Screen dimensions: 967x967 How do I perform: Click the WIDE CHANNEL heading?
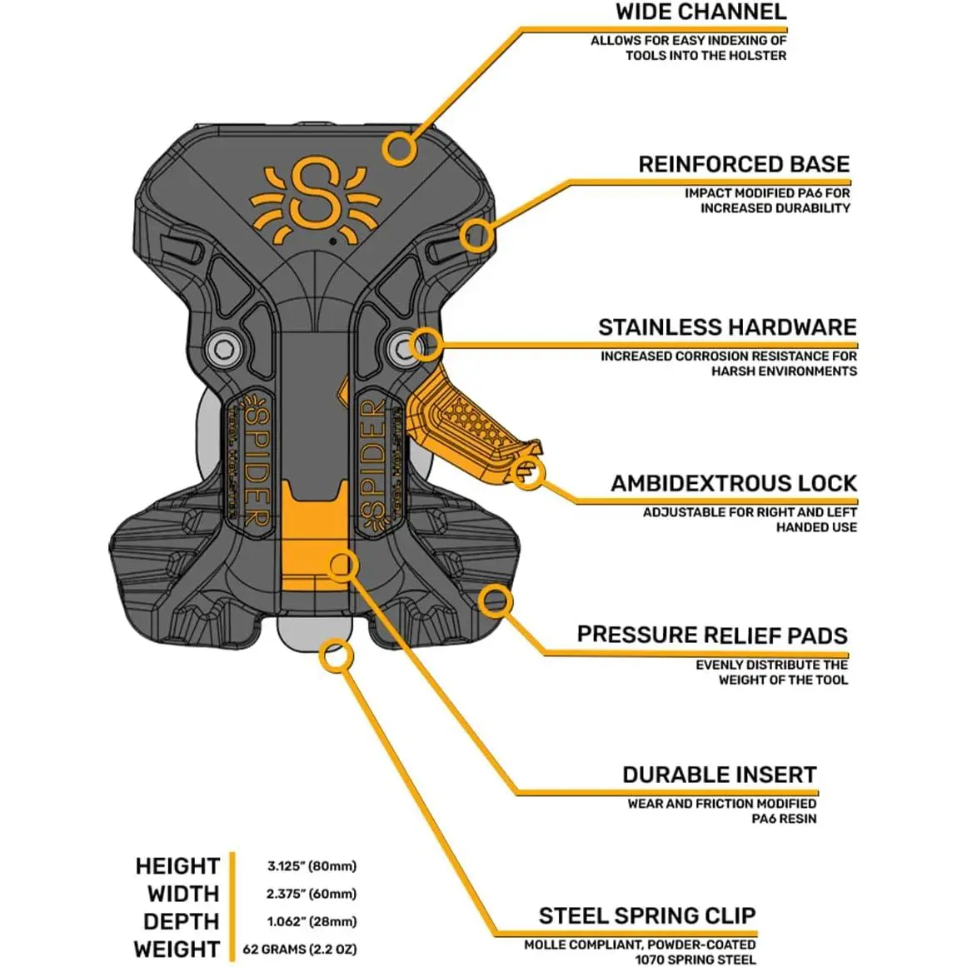(x=700, y=12)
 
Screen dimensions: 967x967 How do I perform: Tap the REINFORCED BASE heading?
(x=744, y=164)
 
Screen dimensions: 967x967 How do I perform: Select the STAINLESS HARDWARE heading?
(x=726, y=326)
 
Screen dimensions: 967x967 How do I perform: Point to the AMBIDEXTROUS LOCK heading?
(x=734, y=483)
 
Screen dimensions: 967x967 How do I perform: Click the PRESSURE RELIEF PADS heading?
(x=712, y=635)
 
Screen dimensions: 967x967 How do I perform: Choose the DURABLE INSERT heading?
(x=719, y=775)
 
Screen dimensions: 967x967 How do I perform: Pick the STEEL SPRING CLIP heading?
(x=647, y=916)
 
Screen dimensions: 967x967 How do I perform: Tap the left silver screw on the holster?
(x=222, y=347)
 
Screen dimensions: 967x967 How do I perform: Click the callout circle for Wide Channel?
(x=401, y=149)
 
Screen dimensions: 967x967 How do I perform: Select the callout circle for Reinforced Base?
(x=476, y=235)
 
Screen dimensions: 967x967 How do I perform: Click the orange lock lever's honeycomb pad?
(x=473, y=414)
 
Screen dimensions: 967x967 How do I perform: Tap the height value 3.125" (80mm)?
(x=312, y=866)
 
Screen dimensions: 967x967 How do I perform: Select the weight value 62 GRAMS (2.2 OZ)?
(x=299, y=949)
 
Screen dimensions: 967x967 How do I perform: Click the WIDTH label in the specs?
(x=182, y=894)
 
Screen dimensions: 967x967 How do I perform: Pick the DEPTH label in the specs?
(x=181, y=921)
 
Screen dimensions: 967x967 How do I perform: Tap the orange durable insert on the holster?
(x=312, y=541)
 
